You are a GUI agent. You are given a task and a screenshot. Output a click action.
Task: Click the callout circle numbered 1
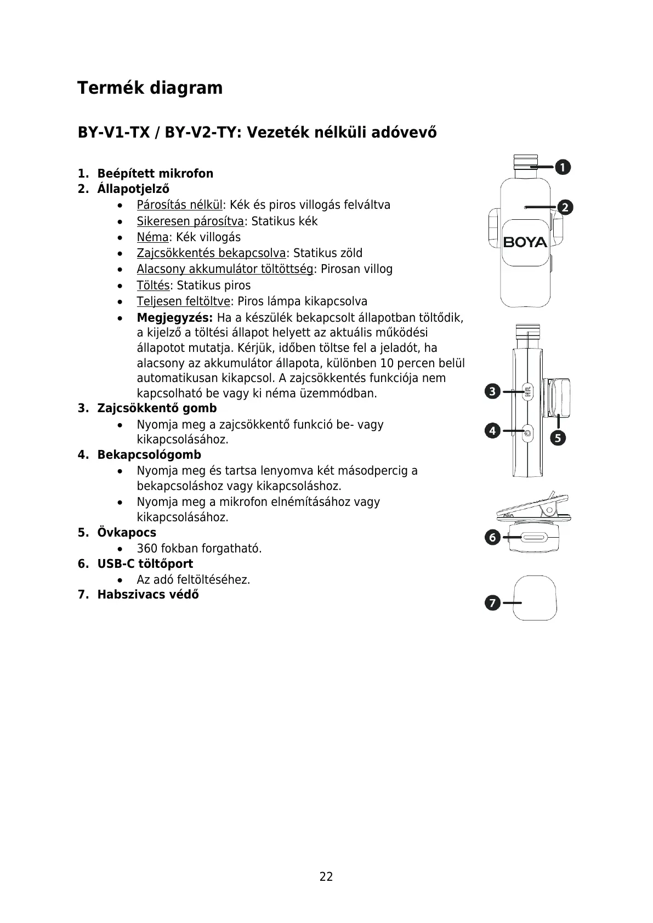[x=563, y=167]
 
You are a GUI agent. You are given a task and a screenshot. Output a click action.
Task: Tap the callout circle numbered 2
[x=565, y=207]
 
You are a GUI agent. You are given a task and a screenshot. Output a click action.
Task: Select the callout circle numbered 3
[x=492, y=391]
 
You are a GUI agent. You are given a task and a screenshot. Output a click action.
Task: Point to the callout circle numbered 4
[x=492, y=431]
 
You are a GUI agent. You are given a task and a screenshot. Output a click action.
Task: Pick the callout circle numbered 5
[x=558, y=438]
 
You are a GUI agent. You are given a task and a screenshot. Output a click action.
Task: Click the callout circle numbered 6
[x=492, y=538]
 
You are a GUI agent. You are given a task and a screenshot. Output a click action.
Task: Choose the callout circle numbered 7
[x=492, y=603]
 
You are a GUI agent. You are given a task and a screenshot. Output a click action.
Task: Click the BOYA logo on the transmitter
[x=525, y=242]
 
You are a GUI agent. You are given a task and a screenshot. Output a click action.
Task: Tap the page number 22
[x=326, y=876]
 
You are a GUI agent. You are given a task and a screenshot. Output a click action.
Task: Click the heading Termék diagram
[x=150, y=88]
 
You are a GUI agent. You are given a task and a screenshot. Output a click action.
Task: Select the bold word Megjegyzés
[x=175, y=318]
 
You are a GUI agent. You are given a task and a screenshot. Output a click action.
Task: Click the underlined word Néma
[x=152, y=237]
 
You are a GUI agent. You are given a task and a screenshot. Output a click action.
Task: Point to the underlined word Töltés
[x=153, y=286]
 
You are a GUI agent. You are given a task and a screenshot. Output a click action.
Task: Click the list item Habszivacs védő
[x=148, y=595]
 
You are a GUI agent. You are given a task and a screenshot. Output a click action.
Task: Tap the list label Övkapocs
[x=127, y=533]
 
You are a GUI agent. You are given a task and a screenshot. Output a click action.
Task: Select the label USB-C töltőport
[x=145, y=564]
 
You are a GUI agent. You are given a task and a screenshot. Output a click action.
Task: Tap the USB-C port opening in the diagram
[x=533, y=538]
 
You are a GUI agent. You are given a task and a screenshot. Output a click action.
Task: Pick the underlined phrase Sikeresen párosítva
[x=190, y=221]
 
